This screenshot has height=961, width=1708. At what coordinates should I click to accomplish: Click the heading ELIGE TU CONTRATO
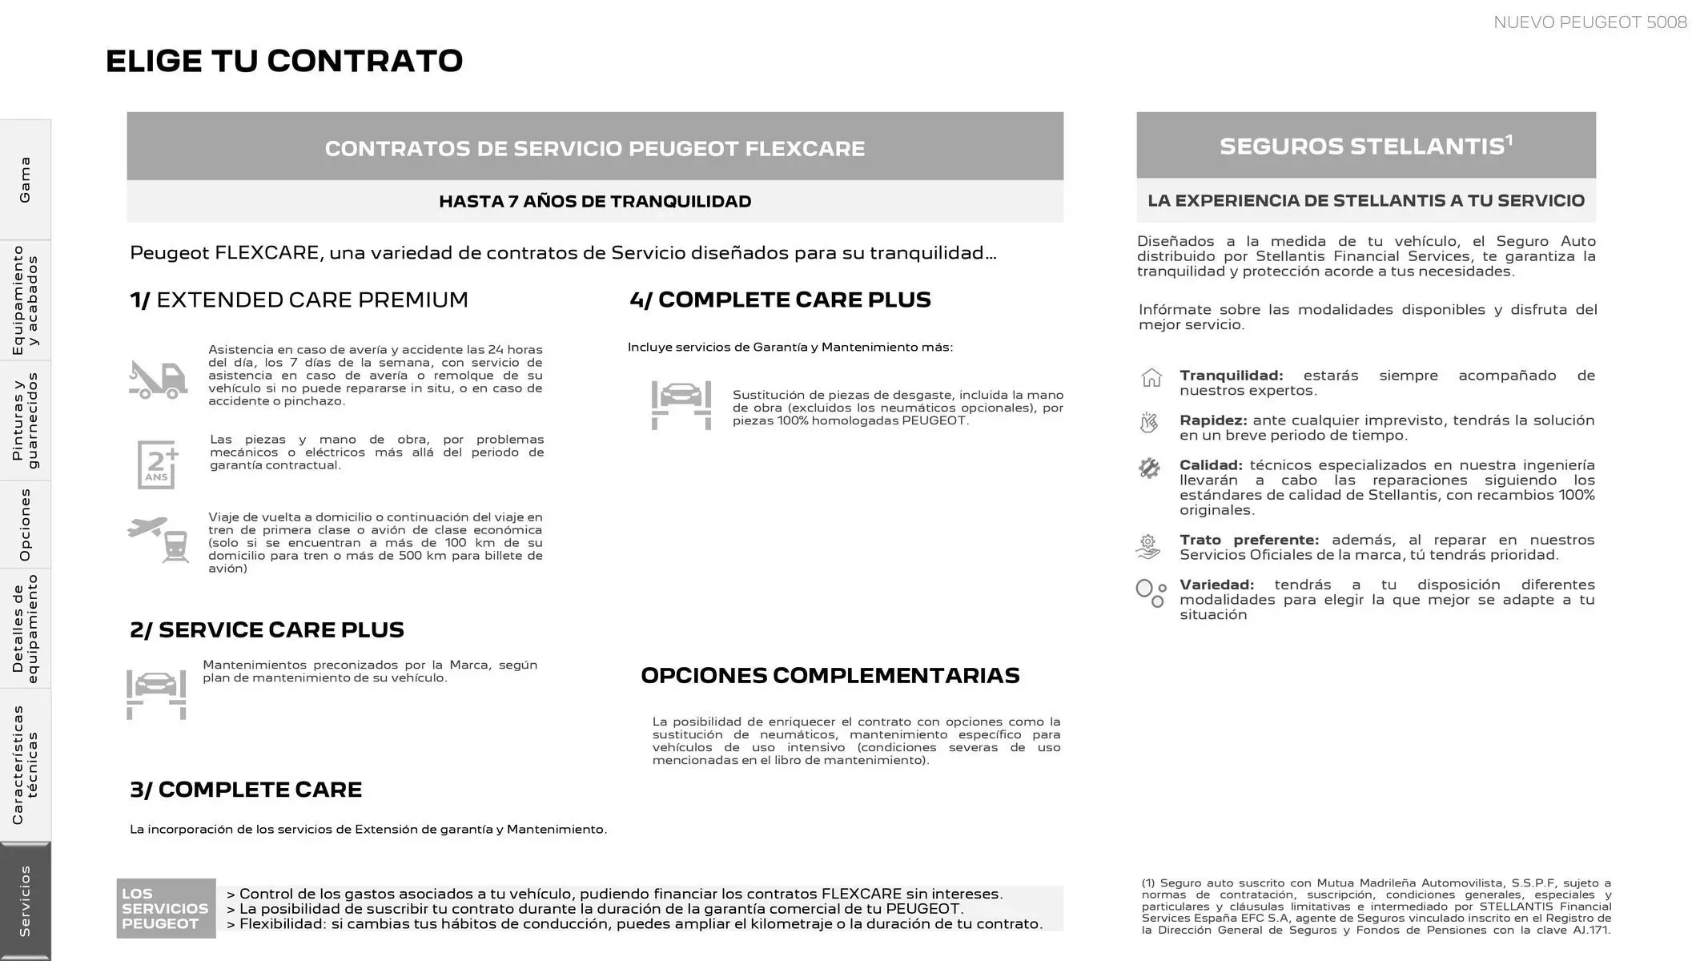pos(284,61)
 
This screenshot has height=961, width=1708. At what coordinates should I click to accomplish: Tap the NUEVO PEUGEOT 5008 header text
pos(1589,22)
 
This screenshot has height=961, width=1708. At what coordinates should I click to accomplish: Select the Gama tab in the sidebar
pos(25,179)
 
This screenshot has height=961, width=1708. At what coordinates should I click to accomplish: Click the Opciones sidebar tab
pos(25,525)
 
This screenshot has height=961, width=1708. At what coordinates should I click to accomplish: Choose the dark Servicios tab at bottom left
pos(25,901)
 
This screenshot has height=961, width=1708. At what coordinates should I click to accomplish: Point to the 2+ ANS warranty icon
pos(157,464)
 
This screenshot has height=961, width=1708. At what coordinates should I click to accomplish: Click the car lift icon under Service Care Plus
pos(156,694)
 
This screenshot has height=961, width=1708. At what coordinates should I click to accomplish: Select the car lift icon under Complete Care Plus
pos(681,404)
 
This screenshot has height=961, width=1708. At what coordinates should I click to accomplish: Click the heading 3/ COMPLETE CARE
pos(246,790)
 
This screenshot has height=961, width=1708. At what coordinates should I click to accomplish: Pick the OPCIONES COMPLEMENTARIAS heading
pos(830,675)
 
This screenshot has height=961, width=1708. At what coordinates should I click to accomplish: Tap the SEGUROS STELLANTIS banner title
pos(1365,146)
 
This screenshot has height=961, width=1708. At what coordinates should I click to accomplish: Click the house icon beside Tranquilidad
pos(1151,377)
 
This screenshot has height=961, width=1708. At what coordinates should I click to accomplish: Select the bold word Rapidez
pos(1212,420)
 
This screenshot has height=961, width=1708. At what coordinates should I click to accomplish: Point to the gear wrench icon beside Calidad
pos(1149,468)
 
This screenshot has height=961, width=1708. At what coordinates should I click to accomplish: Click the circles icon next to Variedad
pos(1150,593)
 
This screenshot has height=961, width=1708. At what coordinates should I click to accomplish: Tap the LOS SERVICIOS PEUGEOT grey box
pos(166,908)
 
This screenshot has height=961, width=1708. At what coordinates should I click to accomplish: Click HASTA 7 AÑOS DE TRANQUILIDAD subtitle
pos(595,201)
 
